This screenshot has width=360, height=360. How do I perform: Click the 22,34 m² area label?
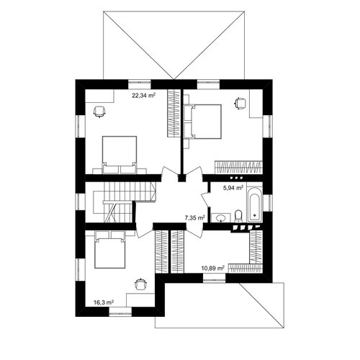[x=143, y=96]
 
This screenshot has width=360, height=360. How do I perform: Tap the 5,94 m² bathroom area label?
[x=233, y=188]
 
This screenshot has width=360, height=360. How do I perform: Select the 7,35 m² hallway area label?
[x=194, y=217]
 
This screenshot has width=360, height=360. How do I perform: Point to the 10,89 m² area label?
[x=213, y=268]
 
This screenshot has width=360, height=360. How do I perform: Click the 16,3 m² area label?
[x=104, y=302]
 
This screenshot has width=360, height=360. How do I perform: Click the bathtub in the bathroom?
[x=254, y=204]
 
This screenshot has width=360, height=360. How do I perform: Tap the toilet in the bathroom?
[x=238, y=216]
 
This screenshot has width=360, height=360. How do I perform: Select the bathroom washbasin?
[x=220, y=218]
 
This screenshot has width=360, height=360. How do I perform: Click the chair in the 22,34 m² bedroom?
[x=99, y=112]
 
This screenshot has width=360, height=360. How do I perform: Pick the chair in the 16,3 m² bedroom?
[x=140, y=284]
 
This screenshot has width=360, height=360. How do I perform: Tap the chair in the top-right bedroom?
[x=240, y=103]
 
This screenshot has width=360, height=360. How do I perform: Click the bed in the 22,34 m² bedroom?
[x=120, y=155]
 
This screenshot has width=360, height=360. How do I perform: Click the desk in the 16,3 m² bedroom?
[x=140, y=300]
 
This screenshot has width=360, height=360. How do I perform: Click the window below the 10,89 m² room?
[x=215, y=278]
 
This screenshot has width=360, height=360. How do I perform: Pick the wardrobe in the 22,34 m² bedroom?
[x=174, y=113]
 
